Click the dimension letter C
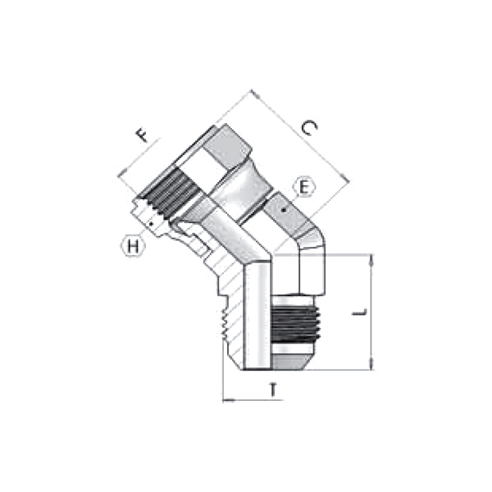click(309, 129)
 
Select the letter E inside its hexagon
click(304, 188)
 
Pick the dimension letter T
click(273, 389)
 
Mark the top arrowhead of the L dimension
click(373, 260)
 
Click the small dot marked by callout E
click(284, 211)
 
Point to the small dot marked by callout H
click(152, 222)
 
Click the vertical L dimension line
click(373, 312)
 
